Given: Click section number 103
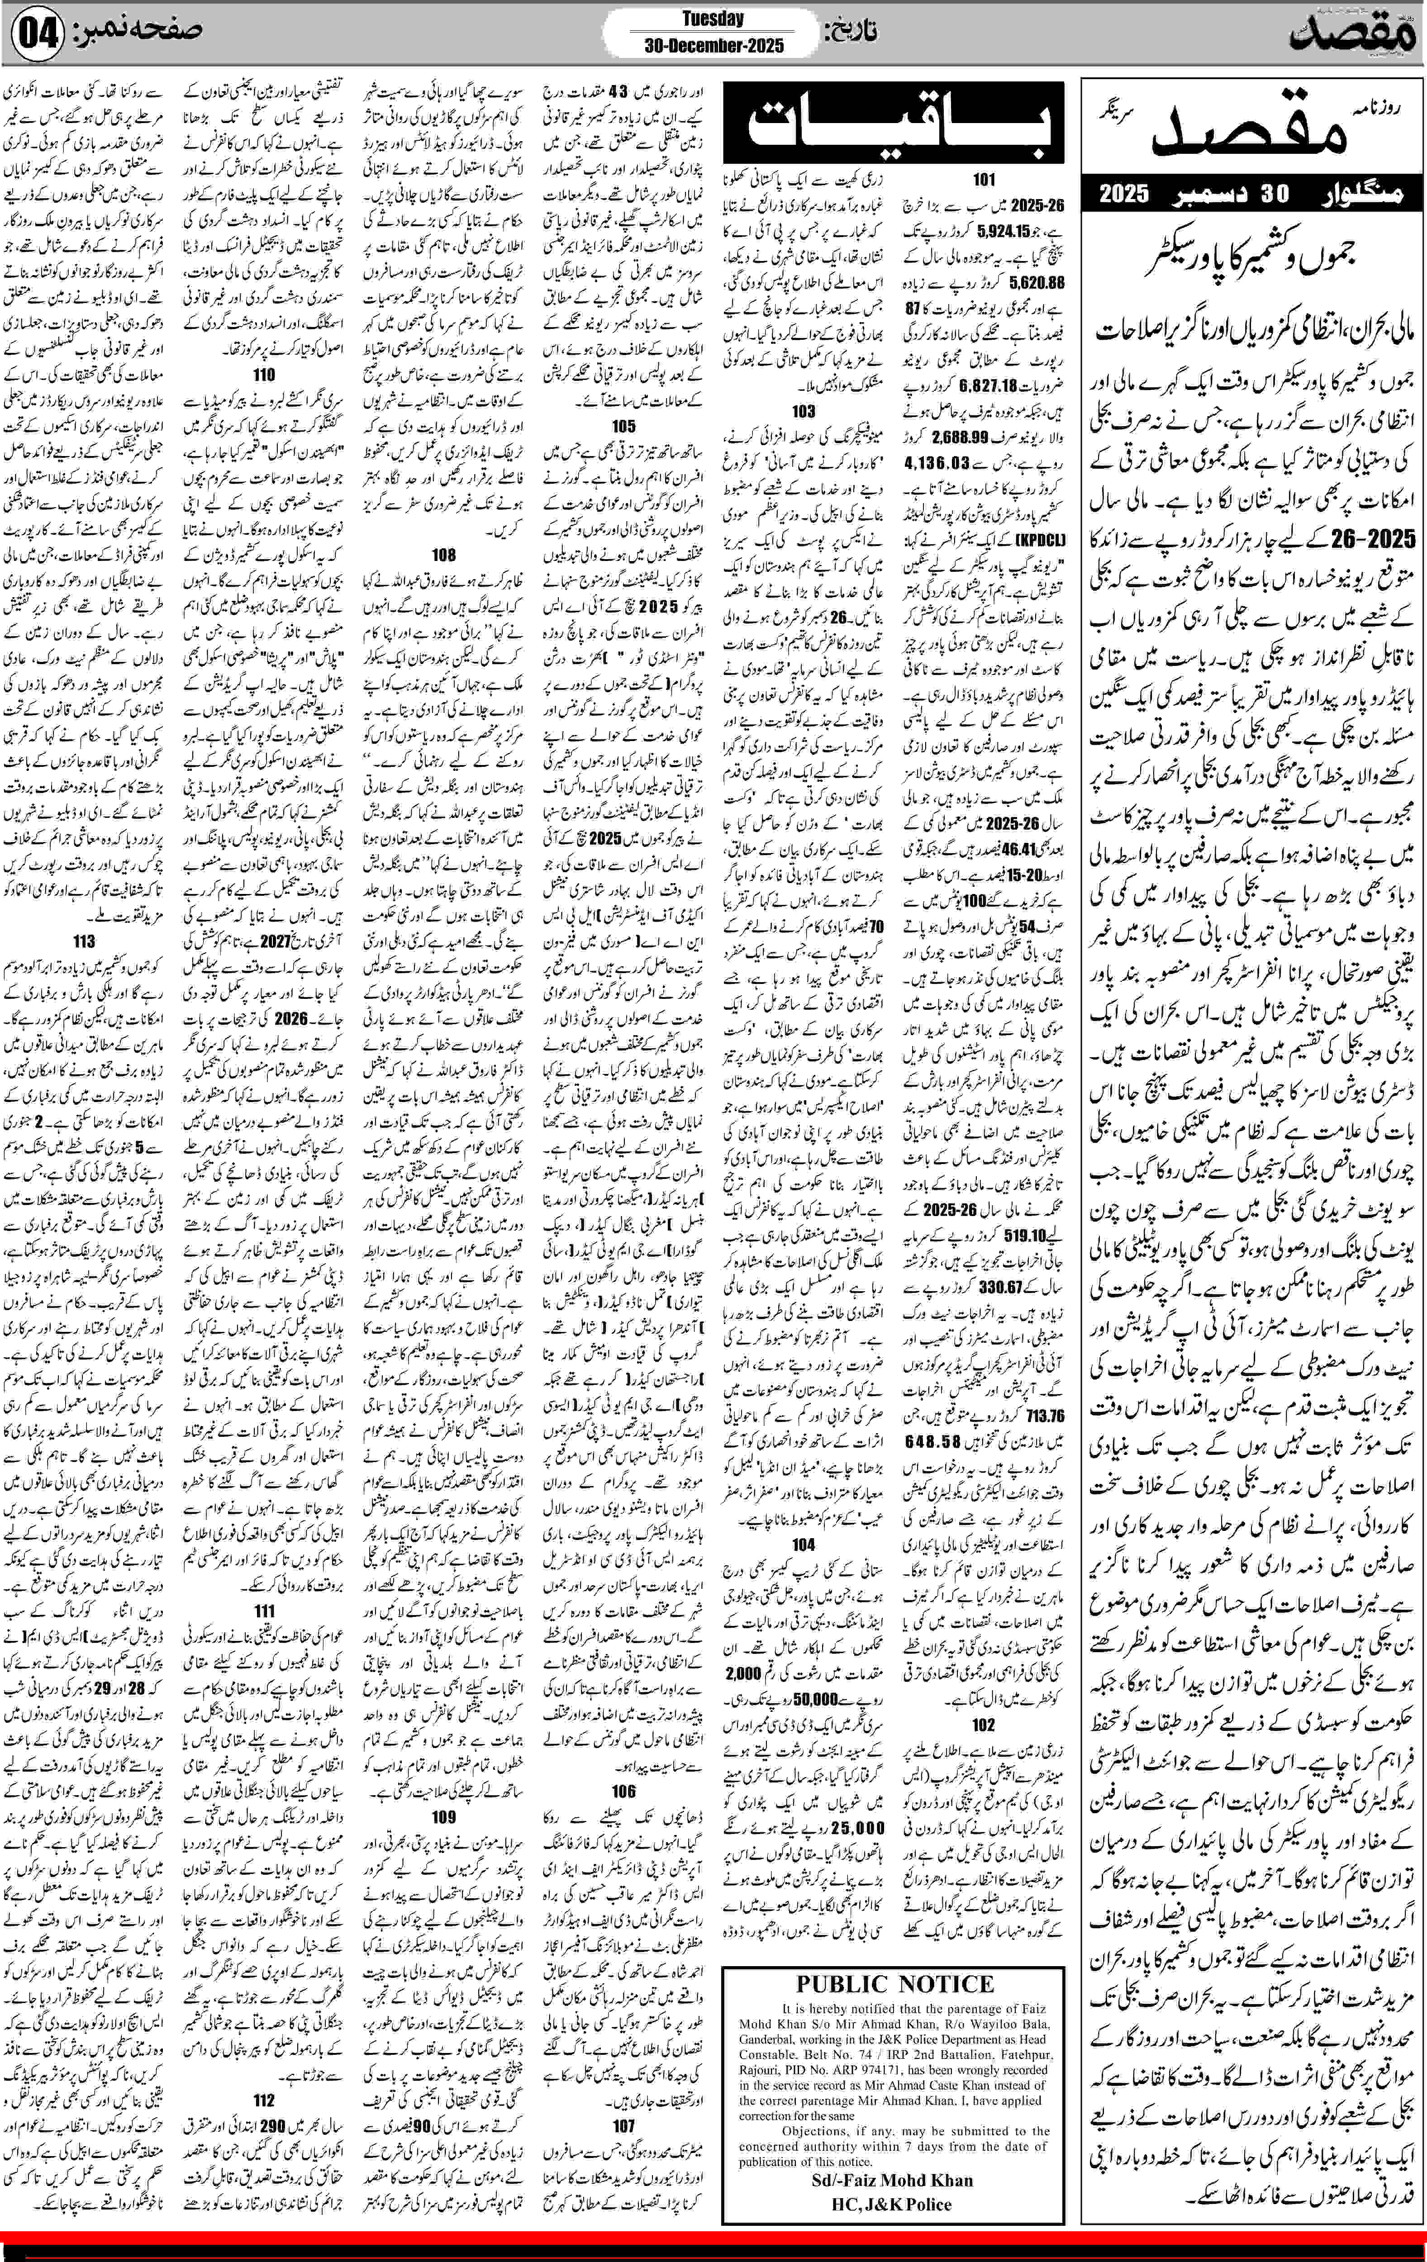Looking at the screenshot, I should click(x=803, y=410).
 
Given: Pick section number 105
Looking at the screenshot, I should click(x=624, y=427).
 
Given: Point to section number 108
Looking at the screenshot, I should click(x=443, y=554).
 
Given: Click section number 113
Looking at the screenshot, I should click(x=84, y=941).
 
